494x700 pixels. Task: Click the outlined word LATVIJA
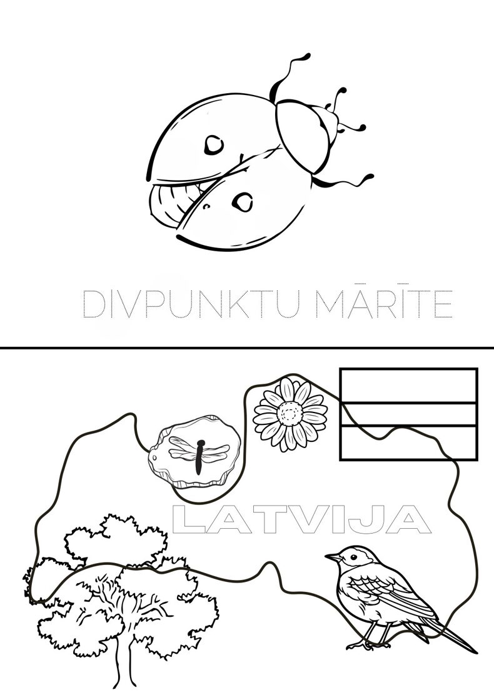coord(301,519)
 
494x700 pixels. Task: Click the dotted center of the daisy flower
coord(290,414)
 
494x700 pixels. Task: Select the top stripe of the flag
coord(408,385)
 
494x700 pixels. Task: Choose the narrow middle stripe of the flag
coord(408,414)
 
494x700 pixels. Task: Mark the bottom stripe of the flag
coord(408,443)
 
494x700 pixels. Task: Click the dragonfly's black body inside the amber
coord(199,457)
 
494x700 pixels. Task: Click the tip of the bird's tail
coord(476,652)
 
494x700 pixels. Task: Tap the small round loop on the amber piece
coord(154,458)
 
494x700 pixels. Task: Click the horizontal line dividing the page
coord(247,347)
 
